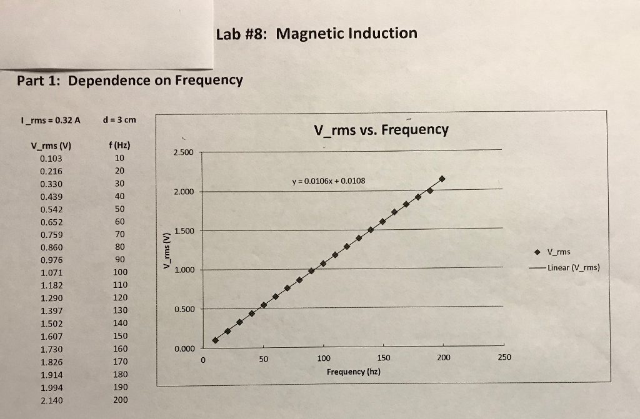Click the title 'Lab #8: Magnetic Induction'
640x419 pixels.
(x=316, y=33)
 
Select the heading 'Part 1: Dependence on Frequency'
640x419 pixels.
(x=130, y=81)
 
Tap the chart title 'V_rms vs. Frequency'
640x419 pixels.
(x=381, y=130)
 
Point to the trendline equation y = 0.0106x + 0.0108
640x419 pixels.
(x=328, y=181)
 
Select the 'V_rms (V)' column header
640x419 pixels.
(x=51, y=146)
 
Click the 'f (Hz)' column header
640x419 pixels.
(x=119, y=145)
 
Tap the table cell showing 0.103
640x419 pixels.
(x=51, y=159)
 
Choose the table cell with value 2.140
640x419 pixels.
(x=51, y=400)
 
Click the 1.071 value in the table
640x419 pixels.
(x=51, y=273)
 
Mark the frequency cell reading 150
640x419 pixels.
(x=120, y=336)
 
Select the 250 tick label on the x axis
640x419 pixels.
(x=504, y=358)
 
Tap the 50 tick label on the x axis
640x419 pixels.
(x=263, y=359)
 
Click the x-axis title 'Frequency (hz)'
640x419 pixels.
(x=354, y=372)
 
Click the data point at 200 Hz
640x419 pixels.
(x=442, y=179)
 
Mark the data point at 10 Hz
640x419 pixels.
(x=215, y=340)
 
